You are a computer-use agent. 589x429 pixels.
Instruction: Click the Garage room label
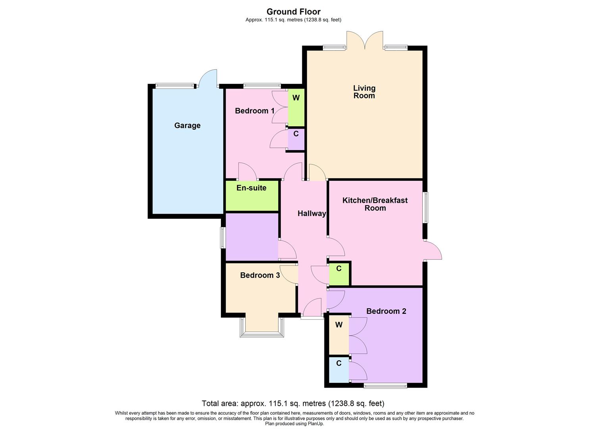pos(187,126)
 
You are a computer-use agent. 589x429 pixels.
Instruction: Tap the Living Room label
pos(364,92)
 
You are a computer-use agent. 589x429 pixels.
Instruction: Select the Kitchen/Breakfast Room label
pos(375,204)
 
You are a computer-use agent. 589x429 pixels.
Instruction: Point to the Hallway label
pos(312,214)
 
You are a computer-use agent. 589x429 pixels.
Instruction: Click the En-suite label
pos(251,188)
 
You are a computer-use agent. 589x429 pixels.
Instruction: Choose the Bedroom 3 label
pos(260,275)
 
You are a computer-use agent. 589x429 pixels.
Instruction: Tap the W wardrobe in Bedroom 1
pos(296,98)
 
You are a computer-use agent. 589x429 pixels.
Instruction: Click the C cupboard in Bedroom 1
pos(296,134)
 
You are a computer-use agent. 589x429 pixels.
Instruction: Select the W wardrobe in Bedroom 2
pos(339,325)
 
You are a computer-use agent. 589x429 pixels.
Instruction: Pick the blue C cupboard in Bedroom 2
pos(339,363)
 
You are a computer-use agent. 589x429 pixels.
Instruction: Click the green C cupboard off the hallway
pos(339,269)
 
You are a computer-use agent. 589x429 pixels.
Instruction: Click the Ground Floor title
pos(294,12)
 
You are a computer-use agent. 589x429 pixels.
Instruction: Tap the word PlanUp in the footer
pos(316,423)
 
